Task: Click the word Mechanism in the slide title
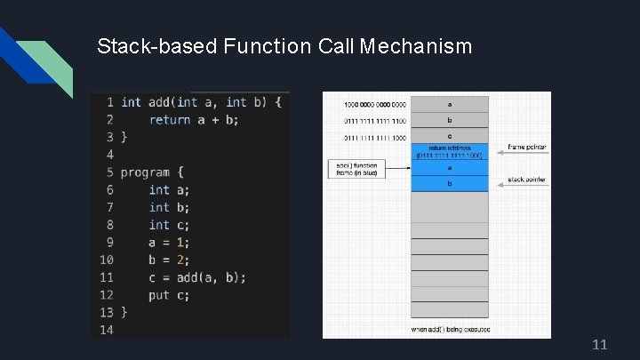coord(416,45)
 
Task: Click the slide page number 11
coord(599,344)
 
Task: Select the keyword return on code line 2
coord(170,119)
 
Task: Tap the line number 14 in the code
coord(106,330)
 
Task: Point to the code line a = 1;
coord(170,242)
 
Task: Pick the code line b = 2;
coord(170,260)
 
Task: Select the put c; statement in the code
coord(170,295)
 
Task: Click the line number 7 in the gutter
coord(109,207)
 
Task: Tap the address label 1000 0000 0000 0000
coord(375,104)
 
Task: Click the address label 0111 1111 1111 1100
coord(375,121)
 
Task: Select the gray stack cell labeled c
coord(449,137)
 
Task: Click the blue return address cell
coord(449,152)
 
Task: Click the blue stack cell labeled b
coord(449,183)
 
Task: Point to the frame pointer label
coord(527,147)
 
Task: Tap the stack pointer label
coord(527,180)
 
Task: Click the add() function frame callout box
coord(357,169)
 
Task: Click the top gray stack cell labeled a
coord(449,104)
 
